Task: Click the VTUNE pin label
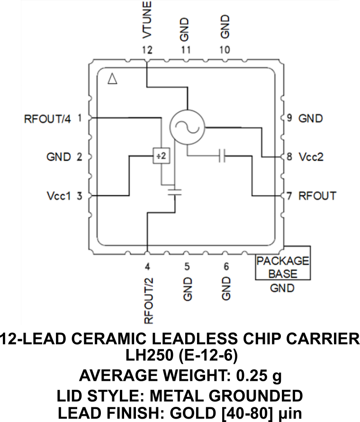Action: (147, 20)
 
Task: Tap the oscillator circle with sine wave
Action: (187, 127)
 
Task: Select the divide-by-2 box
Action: (160, 156)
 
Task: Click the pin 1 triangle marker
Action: (112, 79)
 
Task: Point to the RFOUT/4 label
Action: (47, 119)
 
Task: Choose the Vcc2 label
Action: (311, 156)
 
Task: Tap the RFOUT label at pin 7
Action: (317, 195)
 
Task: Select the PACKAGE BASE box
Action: (283, 267)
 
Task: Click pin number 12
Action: (147, 50)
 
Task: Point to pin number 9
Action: (289, 118)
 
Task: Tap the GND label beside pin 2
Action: (59, 156)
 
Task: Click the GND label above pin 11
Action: (186, 28)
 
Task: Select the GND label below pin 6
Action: (226, 288)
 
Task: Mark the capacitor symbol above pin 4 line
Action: (175, 191)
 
